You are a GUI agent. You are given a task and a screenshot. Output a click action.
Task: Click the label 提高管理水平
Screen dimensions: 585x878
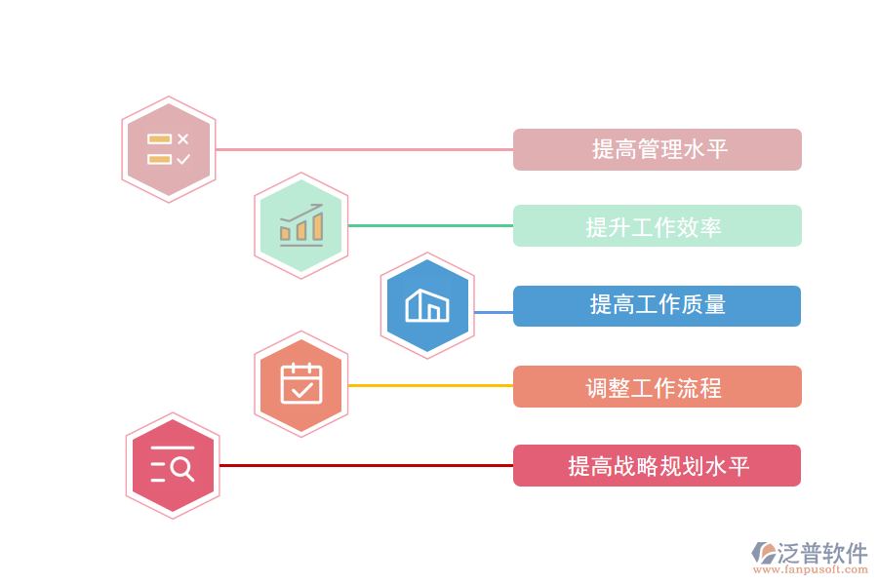[x=658, y=149]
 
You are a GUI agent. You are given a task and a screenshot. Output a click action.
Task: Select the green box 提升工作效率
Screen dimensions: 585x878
[x=658, y=226]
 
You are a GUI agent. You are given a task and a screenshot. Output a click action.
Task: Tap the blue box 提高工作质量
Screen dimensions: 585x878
[x=658, y=305]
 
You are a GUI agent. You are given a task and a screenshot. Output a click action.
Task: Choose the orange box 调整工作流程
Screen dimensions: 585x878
[x=658, y=387]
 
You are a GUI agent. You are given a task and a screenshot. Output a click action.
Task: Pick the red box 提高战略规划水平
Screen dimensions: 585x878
[x=658, y=466]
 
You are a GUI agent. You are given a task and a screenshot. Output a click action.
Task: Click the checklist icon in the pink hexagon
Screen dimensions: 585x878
[x=169, y=149]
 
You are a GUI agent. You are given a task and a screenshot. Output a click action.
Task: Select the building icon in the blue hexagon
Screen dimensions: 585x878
[x=427, y=306]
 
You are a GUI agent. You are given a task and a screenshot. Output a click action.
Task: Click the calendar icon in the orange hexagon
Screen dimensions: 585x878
[x=301, y=384]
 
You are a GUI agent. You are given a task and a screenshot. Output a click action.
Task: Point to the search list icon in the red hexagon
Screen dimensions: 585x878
[x=173, y=465]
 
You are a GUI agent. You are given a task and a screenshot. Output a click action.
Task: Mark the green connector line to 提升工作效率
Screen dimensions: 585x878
[x=429, y=225]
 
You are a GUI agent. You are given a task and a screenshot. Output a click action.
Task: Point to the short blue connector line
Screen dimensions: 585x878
[x=493, y=312]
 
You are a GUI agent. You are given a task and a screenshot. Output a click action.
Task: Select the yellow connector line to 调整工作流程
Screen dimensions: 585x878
[x=429, y=385]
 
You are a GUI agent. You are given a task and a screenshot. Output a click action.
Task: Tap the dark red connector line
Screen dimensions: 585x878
[x=366, y=465]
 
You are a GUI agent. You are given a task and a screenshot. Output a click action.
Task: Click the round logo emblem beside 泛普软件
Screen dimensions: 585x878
[x=763, y=553]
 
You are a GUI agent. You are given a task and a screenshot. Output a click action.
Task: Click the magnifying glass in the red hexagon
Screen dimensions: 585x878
[x=181, y=469]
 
